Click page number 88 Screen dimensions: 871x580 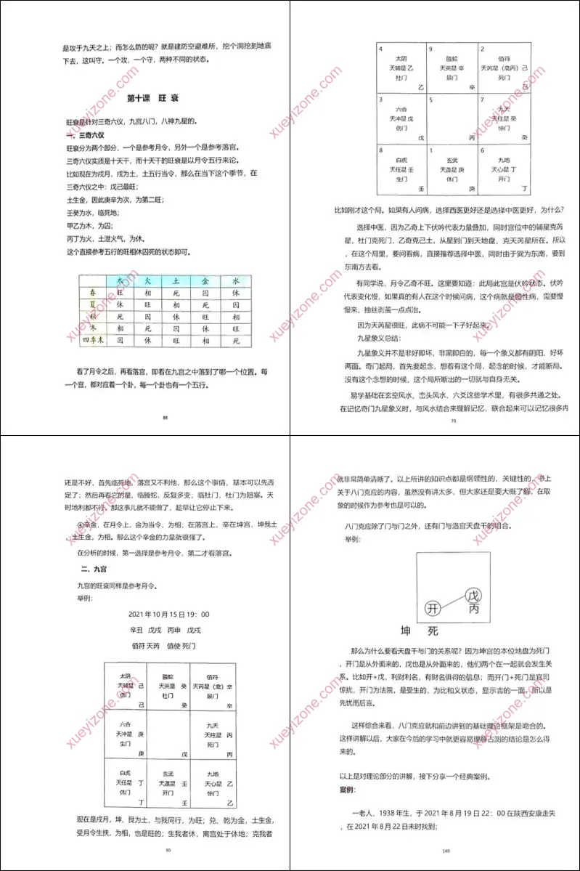[x=166, y=417]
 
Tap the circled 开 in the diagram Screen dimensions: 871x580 [x=433, y=607]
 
